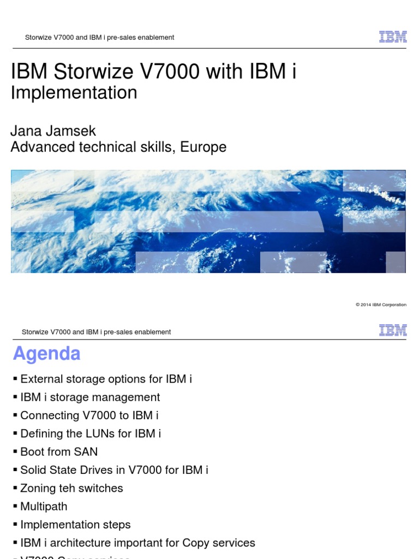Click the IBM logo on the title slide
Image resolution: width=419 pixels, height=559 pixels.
point(393,37)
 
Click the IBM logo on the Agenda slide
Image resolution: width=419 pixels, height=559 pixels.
point(393,330)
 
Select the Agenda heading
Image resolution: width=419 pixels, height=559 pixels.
point(47,354)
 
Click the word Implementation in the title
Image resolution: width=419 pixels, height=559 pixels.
point(74,93)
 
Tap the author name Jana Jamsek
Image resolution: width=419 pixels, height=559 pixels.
point(53,130)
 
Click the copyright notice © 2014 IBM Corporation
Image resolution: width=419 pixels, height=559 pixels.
point(381,305)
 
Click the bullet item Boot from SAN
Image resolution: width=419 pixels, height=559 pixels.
point(59,451)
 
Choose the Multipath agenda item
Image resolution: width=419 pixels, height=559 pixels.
point(44,506)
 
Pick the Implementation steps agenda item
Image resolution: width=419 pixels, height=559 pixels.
point(75,525)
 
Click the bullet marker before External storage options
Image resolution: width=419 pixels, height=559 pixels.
point(15,379)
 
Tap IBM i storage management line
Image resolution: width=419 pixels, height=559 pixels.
point(90,397)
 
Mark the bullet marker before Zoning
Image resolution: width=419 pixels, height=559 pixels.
point(15,488)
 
